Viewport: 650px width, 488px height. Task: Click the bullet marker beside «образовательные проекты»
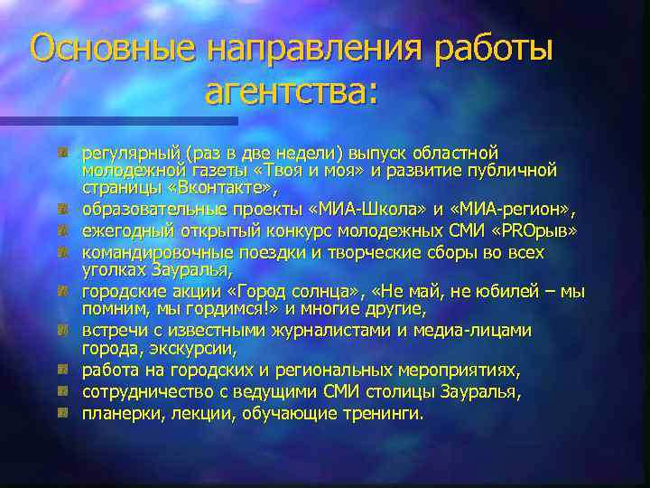click(63, 209)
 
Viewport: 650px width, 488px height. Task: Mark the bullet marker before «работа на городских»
click(63, 370)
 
